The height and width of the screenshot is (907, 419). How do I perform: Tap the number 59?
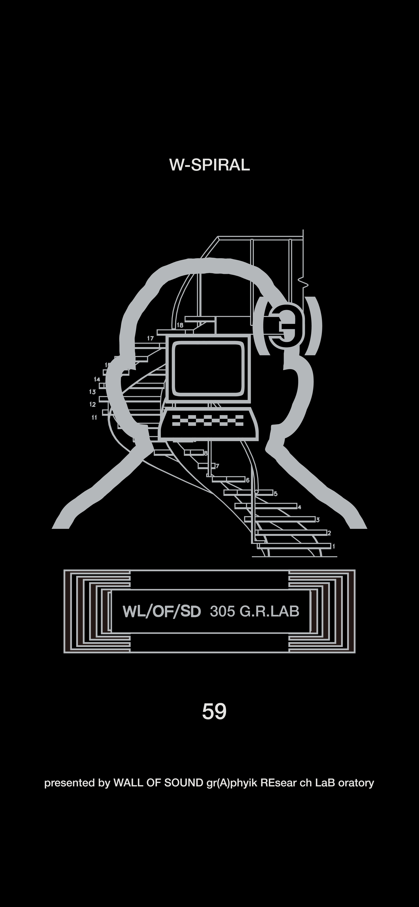[214, 712]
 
